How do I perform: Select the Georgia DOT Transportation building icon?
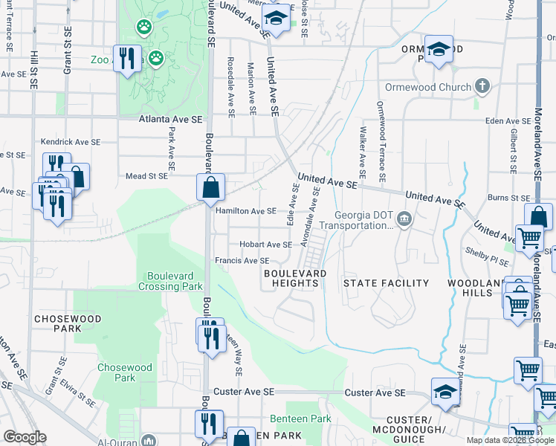tap(404, 218)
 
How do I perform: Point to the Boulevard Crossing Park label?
tap(171, 280)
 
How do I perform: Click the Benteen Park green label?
tap(300, 419)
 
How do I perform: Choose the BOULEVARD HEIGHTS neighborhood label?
tap(295, 279)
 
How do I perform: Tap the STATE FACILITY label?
tap(386, 283)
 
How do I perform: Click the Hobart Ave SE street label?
tap(265, 245)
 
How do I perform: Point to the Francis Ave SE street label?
tap(242, 261)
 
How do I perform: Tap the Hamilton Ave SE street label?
tap(245, 211)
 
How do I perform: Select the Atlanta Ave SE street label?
tap(170, 119)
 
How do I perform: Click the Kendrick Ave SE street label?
tap(69, 140)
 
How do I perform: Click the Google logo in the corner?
tap(25, 437)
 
